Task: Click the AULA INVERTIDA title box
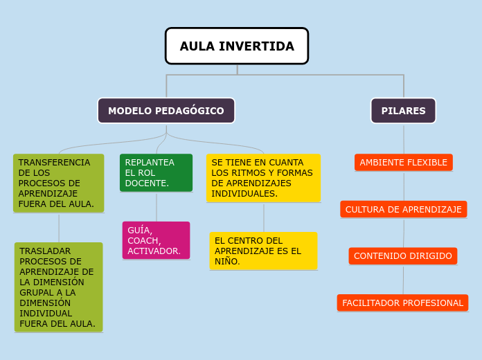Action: [x=237, y=46]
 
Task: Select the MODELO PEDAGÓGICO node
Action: [x=166, y=111]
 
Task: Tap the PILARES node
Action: [x=404, y=111]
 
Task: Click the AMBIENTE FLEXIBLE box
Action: [x=404, y=163]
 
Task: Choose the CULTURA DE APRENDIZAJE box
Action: [x=404, y=209]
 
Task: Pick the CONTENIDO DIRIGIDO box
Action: [x=403, y=256]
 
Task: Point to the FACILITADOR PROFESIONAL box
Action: [x=402, y=303]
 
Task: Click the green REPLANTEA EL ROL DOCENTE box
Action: [x=156, y=172]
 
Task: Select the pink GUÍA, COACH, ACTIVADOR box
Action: [x=156, y=240]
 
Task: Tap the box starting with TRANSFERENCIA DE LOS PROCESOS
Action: [x=59, y=183]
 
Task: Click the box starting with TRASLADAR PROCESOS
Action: [x=59, y=287]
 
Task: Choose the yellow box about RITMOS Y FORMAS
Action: [x=263, y=178]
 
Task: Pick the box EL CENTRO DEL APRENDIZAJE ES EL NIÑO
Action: [x=263, y=251]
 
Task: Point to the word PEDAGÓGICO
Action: [x=189, y=111]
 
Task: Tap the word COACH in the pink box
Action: [x=143, y=240]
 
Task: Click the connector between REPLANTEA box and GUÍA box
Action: [x=157, y=206]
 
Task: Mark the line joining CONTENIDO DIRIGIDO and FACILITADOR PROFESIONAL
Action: [x=403, y=280]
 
